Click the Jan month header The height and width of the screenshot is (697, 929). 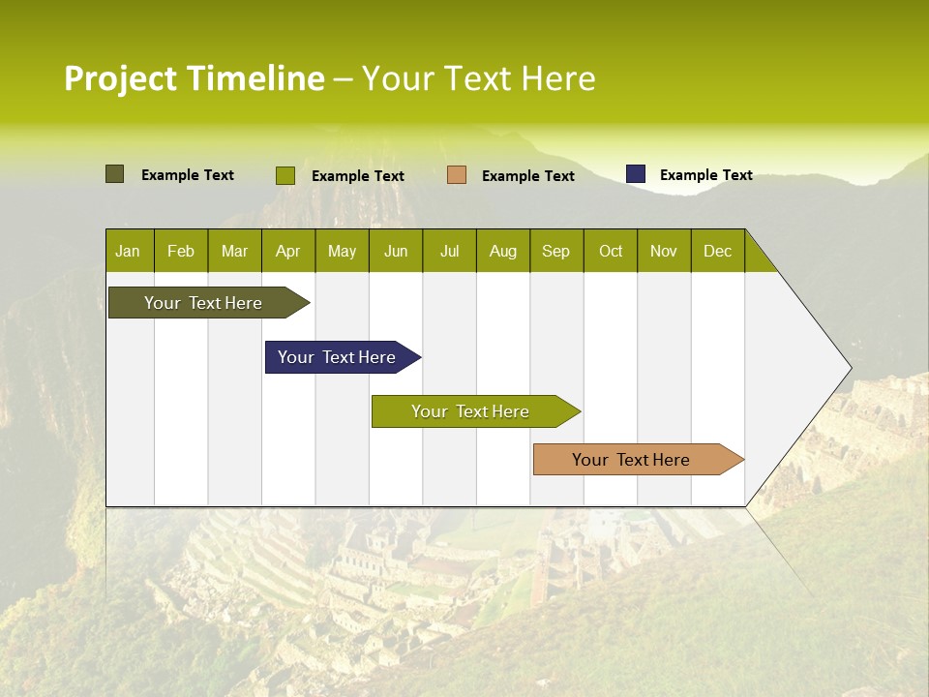128,251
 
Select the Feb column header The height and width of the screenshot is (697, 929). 181,251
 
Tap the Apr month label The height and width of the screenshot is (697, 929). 287,251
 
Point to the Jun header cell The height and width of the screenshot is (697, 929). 396,251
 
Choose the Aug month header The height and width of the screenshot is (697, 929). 502,251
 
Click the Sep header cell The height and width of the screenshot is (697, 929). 555,251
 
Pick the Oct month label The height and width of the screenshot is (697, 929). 611,251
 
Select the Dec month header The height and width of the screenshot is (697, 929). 717,251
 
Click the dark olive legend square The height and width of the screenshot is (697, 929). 115,174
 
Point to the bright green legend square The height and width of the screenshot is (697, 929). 285,175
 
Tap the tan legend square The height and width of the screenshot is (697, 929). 457,175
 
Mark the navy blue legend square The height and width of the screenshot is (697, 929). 636,174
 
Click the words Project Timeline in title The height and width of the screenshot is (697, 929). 195,78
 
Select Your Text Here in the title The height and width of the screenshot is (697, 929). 479,78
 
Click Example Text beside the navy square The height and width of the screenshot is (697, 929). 705,175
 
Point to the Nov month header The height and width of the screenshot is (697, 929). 664,251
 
